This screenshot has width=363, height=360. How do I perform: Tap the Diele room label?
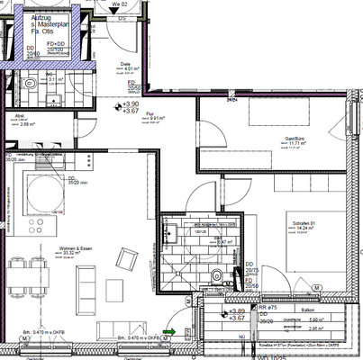125,65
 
